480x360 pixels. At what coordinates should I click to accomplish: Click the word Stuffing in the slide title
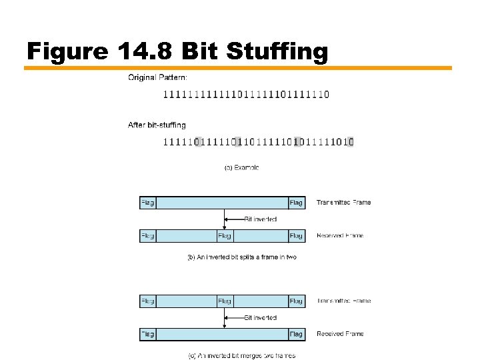[x=276, y=51]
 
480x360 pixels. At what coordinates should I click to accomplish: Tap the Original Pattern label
[x=157, y=78]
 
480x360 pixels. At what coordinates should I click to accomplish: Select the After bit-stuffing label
[x=157, y=125]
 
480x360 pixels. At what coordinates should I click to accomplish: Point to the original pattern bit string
[x=246, y=94]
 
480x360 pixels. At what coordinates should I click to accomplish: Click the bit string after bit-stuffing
[x=258, y=141]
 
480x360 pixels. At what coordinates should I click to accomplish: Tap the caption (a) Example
[x=241, y=167]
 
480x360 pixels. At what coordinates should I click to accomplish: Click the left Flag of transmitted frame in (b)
[x=147, y=203]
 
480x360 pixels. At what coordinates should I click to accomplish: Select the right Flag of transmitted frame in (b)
[x=296, y=203]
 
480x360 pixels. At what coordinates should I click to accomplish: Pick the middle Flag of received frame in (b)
[x=224, y=235]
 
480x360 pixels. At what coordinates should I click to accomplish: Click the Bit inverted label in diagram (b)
[x=260, y=219]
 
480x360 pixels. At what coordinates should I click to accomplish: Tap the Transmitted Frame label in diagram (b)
[x=344, y=202]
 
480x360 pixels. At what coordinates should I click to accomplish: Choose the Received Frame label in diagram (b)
[x=340, y=235]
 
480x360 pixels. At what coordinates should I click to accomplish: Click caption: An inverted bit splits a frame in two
[x=241, y=257]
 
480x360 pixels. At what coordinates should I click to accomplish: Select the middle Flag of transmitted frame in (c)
[x=224, y=301]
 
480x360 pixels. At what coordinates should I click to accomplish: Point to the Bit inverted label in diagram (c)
[x=260, y=317]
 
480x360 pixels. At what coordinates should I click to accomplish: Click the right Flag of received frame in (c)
[x=296, y=334]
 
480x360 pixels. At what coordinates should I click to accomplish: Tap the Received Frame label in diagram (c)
[x=340, y=334]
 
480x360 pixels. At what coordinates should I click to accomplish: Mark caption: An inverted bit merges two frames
[x=241, y=355]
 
